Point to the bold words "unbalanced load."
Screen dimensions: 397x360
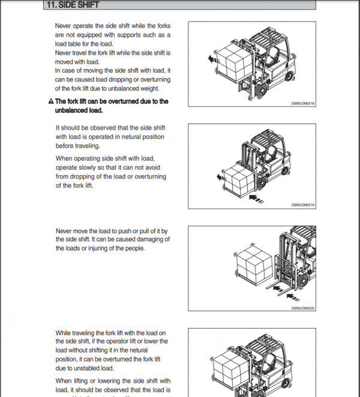tap(79, 110)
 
